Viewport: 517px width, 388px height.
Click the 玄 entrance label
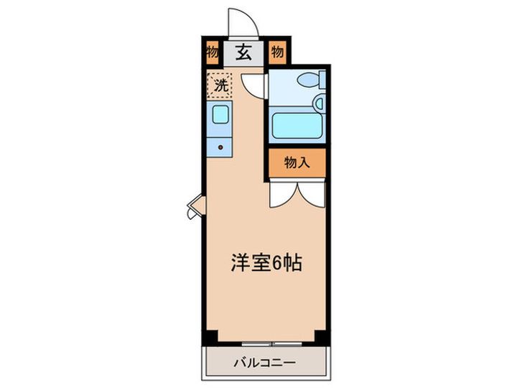tap(243, 52)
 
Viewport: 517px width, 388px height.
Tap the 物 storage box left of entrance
tap(213, 52)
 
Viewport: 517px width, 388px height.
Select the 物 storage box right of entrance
tap(278, 52)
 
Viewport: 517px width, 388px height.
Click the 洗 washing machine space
tap(220, 86)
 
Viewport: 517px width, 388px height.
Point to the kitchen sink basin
tap(220, 114)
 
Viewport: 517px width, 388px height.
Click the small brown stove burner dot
tap(220, 147)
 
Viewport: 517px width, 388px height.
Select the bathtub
tap(297, 126)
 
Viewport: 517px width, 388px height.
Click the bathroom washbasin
tap(319, 103)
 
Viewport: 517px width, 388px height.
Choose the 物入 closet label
tap(297, 162)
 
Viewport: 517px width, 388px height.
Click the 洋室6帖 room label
tap(266, 263)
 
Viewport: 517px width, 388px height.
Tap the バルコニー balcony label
tap(265, 363)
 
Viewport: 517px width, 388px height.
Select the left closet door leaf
tap(283, 195)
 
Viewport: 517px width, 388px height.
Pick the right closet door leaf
tap(312, 195)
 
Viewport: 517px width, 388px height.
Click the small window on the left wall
tap(197, 207)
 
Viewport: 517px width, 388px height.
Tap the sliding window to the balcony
tap(271, 343)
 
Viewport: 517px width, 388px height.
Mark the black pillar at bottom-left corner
tap(210, 338)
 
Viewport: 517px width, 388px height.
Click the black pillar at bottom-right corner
tap(322, 338)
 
